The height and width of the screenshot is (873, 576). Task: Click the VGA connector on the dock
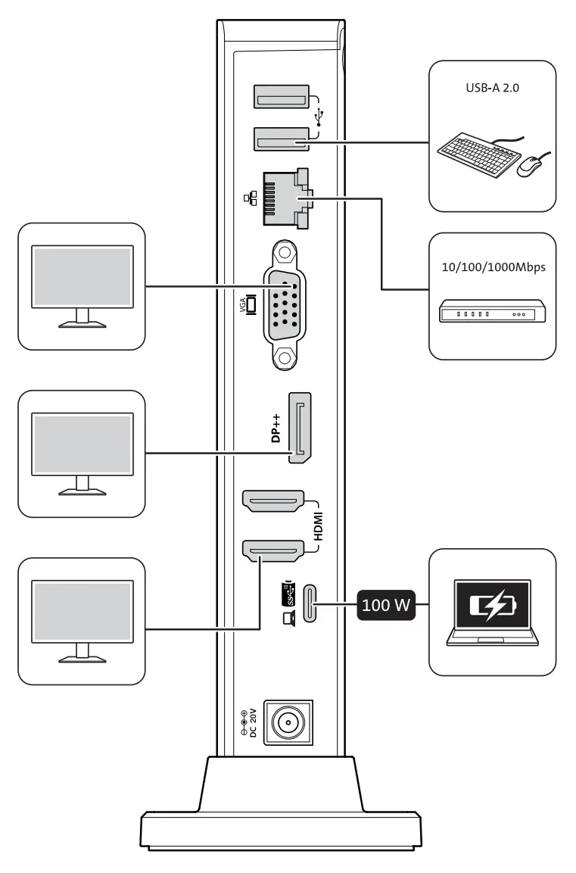tap(282, 304)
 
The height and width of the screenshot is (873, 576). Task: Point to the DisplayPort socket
tap(302, 429)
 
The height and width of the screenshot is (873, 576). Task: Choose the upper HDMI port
tap(272, 500)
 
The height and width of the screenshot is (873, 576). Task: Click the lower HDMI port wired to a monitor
tap(272, 550)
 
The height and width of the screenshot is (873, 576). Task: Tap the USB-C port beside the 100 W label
tap(310, 604)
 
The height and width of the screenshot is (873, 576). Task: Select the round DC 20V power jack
tap(288, 724)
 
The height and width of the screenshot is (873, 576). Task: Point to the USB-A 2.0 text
tap(491, 89)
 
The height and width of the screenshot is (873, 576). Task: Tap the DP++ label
tap(277, 429)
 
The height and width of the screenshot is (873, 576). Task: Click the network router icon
tap(492, 311)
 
